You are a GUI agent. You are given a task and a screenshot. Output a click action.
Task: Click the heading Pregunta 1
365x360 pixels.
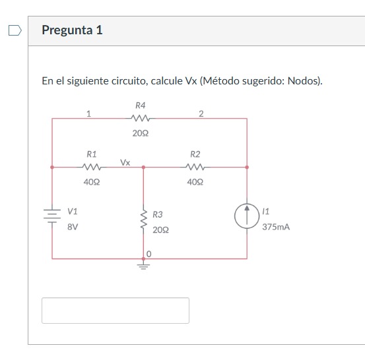[x=72, y=30]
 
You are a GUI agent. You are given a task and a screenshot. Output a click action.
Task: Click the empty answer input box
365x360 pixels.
[x=116, y=311]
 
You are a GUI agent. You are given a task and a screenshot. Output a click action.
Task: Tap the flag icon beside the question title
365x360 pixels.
[x=15, y=30]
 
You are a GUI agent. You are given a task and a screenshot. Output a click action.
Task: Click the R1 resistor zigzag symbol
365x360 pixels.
[x=92, y=167]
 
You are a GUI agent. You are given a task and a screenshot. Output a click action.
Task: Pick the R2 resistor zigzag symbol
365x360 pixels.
[x=195, y=167]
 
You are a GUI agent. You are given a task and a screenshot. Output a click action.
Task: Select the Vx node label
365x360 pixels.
[x=125, y=162]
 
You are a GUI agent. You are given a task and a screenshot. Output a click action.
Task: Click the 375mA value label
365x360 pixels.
[x=276, y=226]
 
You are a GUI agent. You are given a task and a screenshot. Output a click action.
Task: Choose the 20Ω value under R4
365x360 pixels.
[x=140, y=133]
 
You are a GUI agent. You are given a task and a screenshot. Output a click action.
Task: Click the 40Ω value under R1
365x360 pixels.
[x=92, y=181]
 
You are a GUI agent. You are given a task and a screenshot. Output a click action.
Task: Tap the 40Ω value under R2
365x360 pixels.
[x=195, y=181]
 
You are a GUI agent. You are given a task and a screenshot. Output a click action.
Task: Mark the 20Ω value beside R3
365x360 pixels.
[x=160, y=230]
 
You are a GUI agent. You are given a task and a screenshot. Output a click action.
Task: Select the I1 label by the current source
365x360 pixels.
[x=265, y=211]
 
